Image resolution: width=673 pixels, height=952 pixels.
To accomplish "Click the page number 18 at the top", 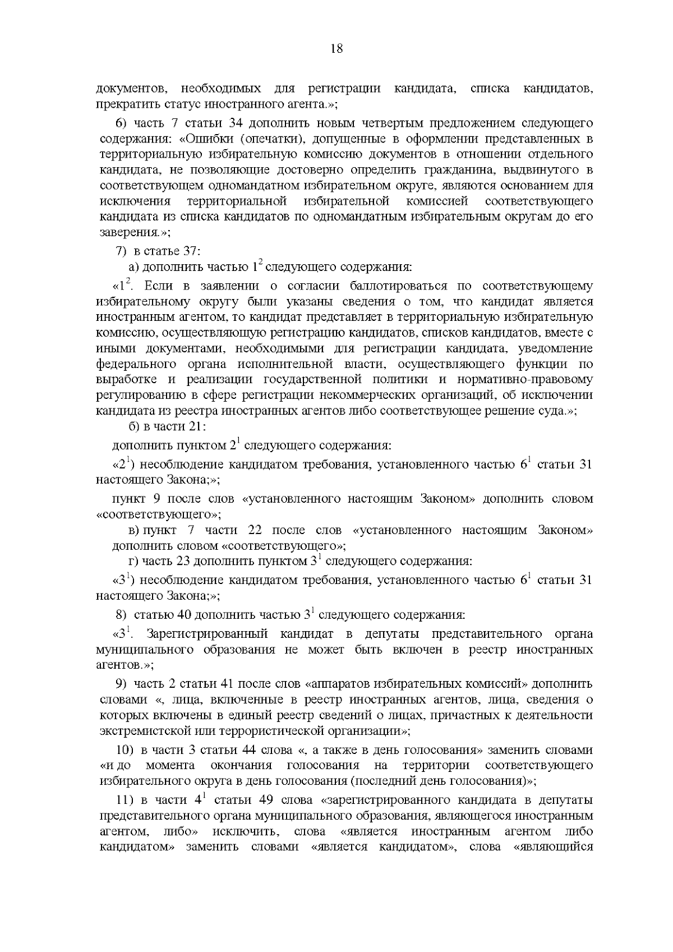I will coord(336,48).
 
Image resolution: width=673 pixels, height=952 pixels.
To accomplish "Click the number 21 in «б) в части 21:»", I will coord(196,426).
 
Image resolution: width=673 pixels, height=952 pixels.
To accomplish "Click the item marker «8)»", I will coord(122,614).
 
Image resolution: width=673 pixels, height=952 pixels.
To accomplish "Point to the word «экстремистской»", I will coord(142,730).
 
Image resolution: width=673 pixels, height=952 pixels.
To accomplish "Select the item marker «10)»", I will coord(124,750).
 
